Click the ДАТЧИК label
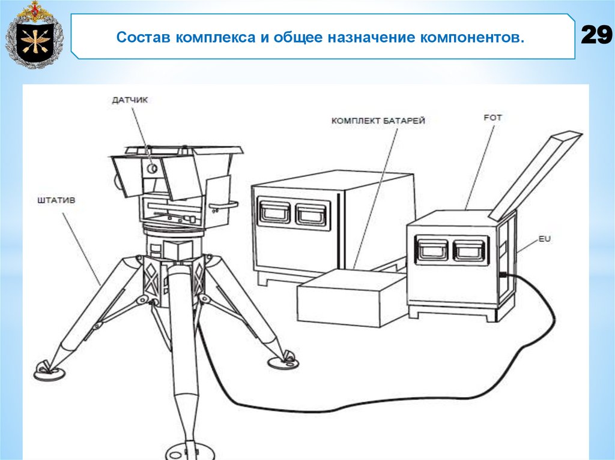[129, 101]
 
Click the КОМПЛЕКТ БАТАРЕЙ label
[378, 121]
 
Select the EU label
[544, 239]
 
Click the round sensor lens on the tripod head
[153, 169]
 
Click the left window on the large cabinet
[274, 212]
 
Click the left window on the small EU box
[433, 249]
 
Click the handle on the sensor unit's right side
[226, 205]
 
